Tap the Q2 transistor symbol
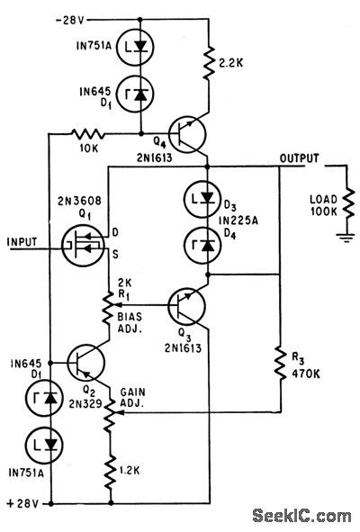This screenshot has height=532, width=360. click(85, 365)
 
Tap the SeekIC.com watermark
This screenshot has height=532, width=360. click(301, 515)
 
